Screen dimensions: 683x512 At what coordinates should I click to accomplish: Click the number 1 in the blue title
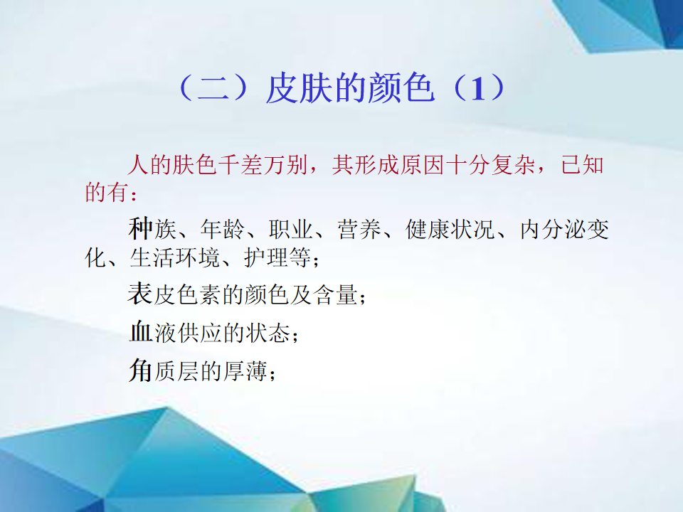click(x=478, y=89)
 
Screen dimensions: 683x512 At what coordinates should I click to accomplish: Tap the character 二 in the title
click(x=213, y=89)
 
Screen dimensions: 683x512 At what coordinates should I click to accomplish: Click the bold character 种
click(x=140, y=228)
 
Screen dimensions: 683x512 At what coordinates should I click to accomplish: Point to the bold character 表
click(x=140, y=293)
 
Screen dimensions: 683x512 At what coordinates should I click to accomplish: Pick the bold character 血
click(x=141, y=331)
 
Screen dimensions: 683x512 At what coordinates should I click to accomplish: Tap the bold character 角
click(x=140, y=370)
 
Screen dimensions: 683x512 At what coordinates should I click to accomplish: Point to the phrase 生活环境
click(x=174, y=257)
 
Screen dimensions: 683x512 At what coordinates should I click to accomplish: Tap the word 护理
click(x=266, y=257)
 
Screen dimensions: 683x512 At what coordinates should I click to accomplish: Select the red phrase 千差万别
click(x=263, y=165)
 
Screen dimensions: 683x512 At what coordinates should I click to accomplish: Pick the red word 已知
click(x=583, y=165)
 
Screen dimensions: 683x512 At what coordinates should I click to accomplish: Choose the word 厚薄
click(x=245, y=372)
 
